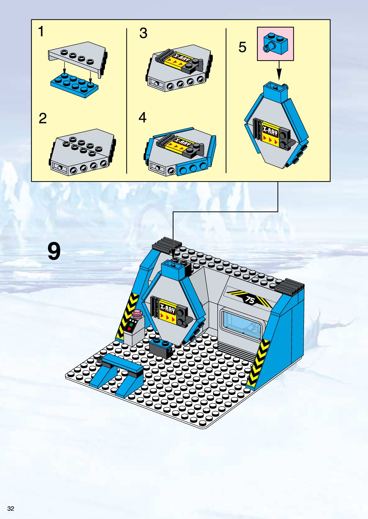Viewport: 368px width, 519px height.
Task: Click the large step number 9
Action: (x=54, y=251)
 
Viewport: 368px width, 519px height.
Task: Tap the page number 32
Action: (x=11, y=509)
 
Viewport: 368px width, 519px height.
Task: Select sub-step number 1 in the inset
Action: (x=41, y=31)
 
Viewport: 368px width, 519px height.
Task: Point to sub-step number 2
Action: (x=43, y=118)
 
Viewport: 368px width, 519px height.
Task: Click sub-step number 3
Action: (x=143, y=33)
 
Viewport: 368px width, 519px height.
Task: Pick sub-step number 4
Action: (x=143, y=118)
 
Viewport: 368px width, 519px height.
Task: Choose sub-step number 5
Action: (x=242, y=47)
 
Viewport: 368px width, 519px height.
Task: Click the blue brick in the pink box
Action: (x=276, y=43)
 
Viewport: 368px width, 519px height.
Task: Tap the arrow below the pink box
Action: (x=279, y=71)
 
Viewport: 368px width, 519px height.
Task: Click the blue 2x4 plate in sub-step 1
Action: (x=74, y=85)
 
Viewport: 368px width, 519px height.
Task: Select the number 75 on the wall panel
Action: (x=250, y=300)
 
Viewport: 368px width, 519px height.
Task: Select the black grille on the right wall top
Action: (x=289, y=287)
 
